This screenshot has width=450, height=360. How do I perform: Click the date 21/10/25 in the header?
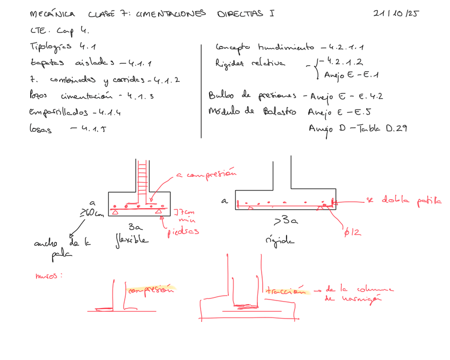pos(395,14)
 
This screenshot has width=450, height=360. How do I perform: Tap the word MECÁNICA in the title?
pos(53,14)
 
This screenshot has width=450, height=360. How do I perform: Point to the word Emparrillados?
pos(59,113)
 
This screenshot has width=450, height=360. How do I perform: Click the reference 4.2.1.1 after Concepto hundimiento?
pos(350,47)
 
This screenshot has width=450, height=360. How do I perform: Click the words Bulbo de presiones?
pos(254,96)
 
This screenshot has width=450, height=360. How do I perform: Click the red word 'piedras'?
pos(183,232)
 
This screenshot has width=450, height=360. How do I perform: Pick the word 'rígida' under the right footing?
pos(279,241)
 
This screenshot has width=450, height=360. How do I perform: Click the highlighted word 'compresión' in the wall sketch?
pos(151,289)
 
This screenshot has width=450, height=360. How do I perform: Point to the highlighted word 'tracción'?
pos(286,291)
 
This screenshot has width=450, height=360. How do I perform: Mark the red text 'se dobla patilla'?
pos(403,200)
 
